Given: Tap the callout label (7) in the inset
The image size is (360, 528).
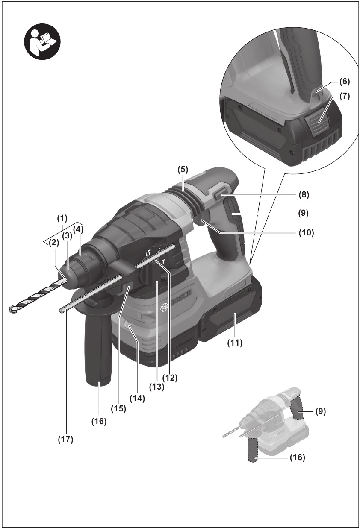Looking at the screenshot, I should click(x=345, y=97).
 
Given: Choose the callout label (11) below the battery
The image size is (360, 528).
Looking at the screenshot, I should click(x=235, y=342).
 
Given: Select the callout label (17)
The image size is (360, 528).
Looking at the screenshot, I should click(x=65, y=439).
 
